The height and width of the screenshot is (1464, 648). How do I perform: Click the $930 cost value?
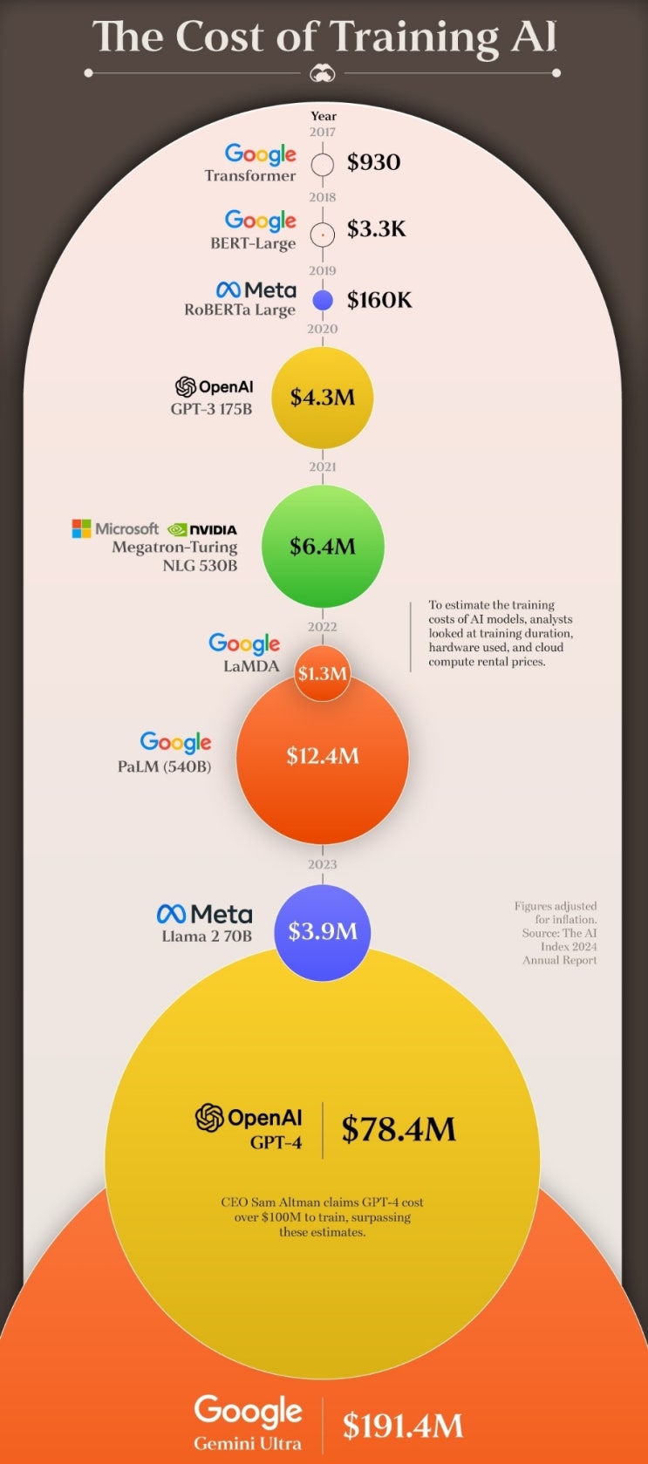point(373,162)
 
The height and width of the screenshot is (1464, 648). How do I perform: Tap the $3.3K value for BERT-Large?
point(376,228)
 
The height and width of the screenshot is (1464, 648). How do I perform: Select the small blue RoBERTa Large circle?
point(323,300)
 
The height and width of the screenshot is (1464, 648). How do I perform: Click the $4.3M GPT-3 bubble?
point(323,398)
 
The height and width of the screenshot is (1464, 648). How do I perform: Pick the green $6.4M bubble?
point(323,547)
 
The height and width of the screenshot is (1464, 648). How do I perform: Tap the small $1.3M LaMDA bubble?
point(323,673)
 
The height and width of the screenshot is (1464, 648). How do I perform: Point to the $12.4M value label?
point(323,756)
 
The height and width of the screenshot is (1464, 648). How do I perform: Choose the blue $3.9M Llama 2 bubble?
point(323,933)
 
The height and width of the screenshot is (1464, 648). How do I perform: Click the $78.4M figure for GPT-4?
point(399,1128)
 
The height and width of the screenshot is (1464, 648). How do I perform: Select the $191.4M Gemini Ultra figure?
point(403,1427)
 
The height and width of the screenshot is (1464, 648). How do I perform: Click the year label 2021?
point(323,466)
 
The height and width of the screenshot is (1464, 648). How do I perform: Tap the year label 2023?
point(323,864)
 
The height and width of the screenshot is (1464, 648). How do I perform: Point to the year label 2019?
point(323,270)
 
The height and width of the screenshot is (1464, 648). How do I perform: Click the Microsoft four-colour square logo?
point(81,528)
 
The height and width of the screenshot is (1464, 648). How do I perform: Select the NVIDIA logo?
point(202,529)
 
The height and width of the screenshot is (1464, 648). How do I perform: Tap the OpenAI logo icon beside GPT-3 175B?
point(186,387)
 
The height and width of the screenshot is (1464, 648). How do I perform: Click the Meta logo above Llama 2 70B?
point(205,914)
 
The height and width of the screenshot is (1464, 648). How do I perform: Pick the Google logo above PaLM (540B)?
point(175,742)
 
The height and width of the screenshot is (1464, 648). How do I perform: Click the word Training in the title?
point(413,37)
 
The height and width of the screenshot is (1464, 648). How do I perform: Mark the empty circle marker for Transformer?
point(323,164)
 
